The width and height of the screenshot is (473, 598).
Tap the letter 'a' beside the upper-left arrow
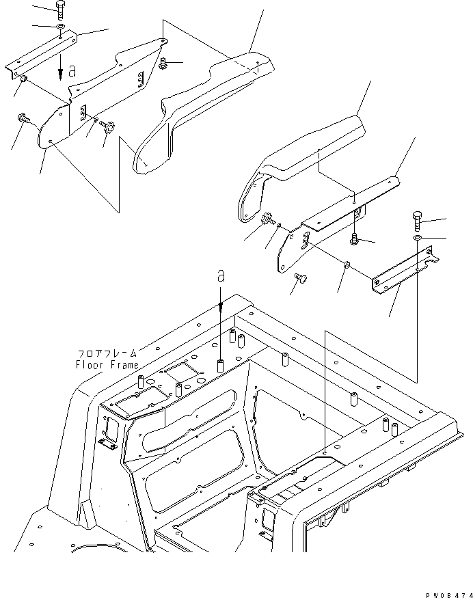72,70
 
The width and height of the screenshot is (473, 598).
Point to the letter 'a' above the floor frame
221,276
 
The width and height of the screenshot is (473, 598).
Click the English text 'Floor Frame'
107,364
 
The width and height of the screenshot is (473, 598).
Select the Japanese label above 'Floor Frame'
107,353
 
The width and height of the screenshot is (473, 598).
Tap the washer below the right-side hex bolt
417,237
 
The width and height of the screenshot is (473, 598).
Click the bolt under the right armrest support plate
355,239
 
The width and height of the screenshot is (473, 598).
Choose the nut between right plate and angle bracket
347,264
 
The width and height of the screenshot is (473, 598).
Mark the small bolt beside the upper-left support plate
164,64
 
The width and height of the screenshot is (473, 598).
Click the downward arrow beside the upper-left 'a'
61,69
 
